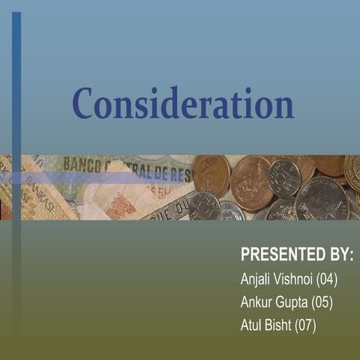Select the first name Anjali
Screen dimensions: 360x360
tap(257, 280)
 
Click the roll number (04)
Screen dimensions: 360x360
tap(328, 280)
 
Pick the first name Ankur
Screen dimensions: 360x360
tap(257, 303)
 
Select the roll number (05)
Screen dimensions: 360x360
tap(322, 303)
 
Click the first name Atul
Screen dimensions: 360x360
tap(252, 325)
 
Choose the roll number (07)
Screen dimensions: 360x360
tap(306, 325)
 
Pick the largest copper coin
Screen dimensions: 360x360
tap(251, 183)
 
